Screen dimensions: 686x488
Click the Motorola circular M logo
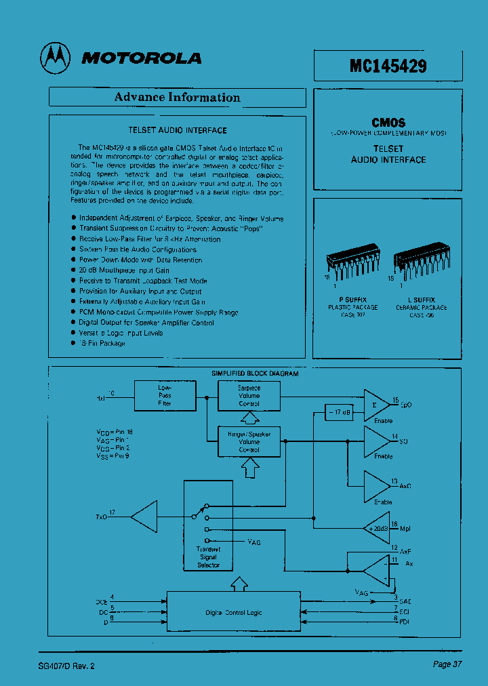point(55,58)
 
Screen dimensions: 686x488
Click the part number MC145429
point(388,66)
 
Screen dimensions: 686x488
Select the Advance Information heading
point(177,97)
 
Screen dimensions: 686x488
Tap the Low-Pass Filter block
point(165,395)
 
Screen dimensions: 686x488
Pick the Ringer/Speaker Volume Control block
point(249,441)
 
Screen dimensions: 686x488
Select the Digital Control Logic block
point(234,613)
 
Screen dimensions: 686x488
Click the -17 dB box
point(339,412)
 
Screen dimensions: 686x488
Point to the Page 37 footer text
point(447,664)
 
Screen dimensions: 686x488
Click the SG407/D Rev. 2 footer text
point(67,666)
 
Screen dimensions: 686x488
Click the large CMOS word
point(388,123)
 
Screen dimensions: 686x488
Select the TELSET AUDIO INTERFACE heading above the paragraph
point(178,130)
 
